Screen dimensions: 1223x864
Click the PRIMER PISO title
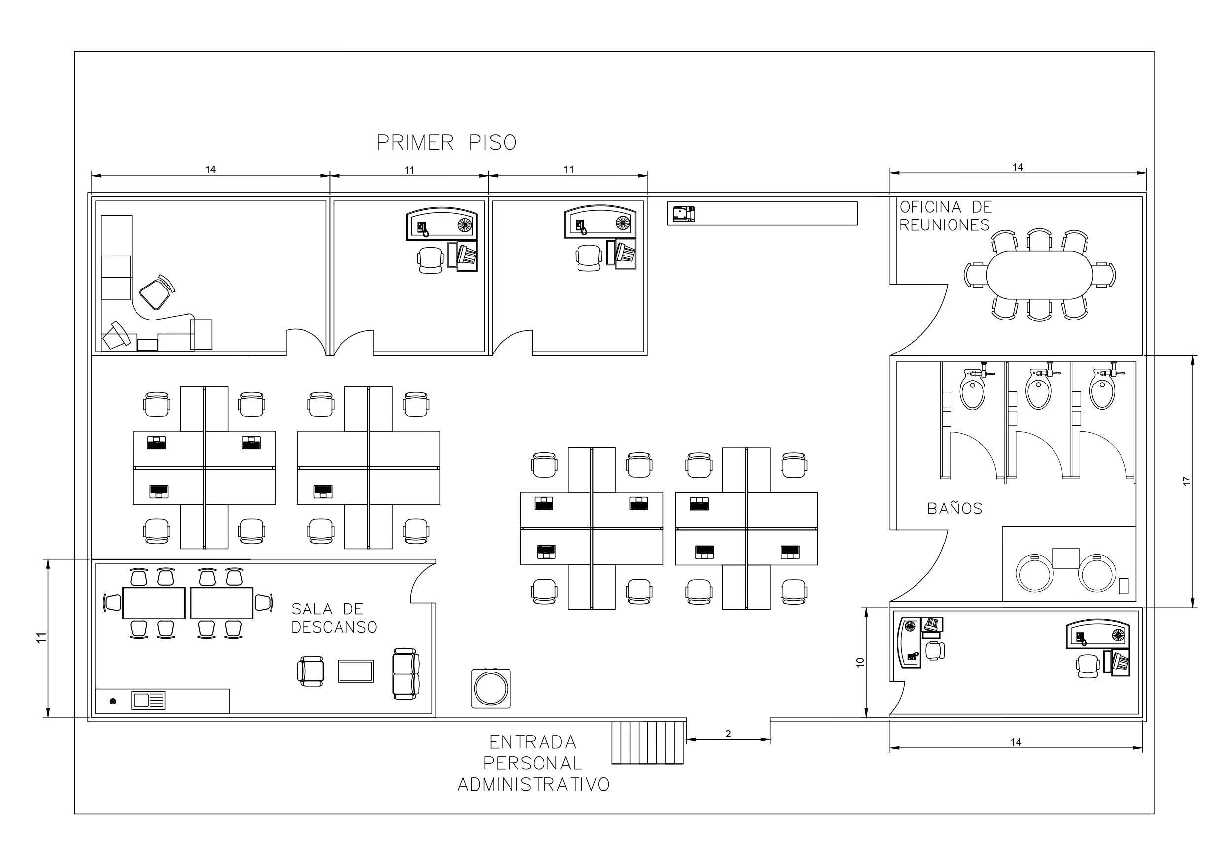click(446, 143)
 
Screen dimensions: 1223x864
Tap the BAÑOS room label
click(954, 509)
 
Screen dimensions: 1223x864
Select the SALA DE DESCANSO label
click(334, 617)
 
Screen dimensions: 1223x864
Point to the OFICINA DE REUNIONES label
click(946, 216)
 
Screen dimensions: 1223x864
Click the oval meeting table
click(1039, 275)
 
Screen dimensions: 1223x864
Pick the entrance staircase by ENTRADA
click(648, 742)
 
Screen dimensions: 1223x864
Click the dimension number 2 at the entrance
click(728, 734)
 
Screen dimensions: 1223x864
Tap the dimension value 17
click(1186, 480)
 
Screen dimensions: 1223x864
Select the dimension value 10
click(860, 662)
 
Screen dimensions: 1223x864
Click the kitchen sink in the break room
click(148, 700)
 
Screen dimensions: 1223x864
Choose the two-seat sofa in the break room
click(406, 673)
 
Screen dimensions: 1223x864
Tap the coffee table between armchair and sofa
click(355, 671)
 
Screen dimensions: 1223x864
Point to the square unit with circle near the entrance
click(491, 688)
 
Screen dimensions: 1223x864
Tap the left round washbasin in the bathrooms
click(1034, 574)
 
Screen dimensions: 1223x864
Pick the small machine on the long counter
click(684, 214)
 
